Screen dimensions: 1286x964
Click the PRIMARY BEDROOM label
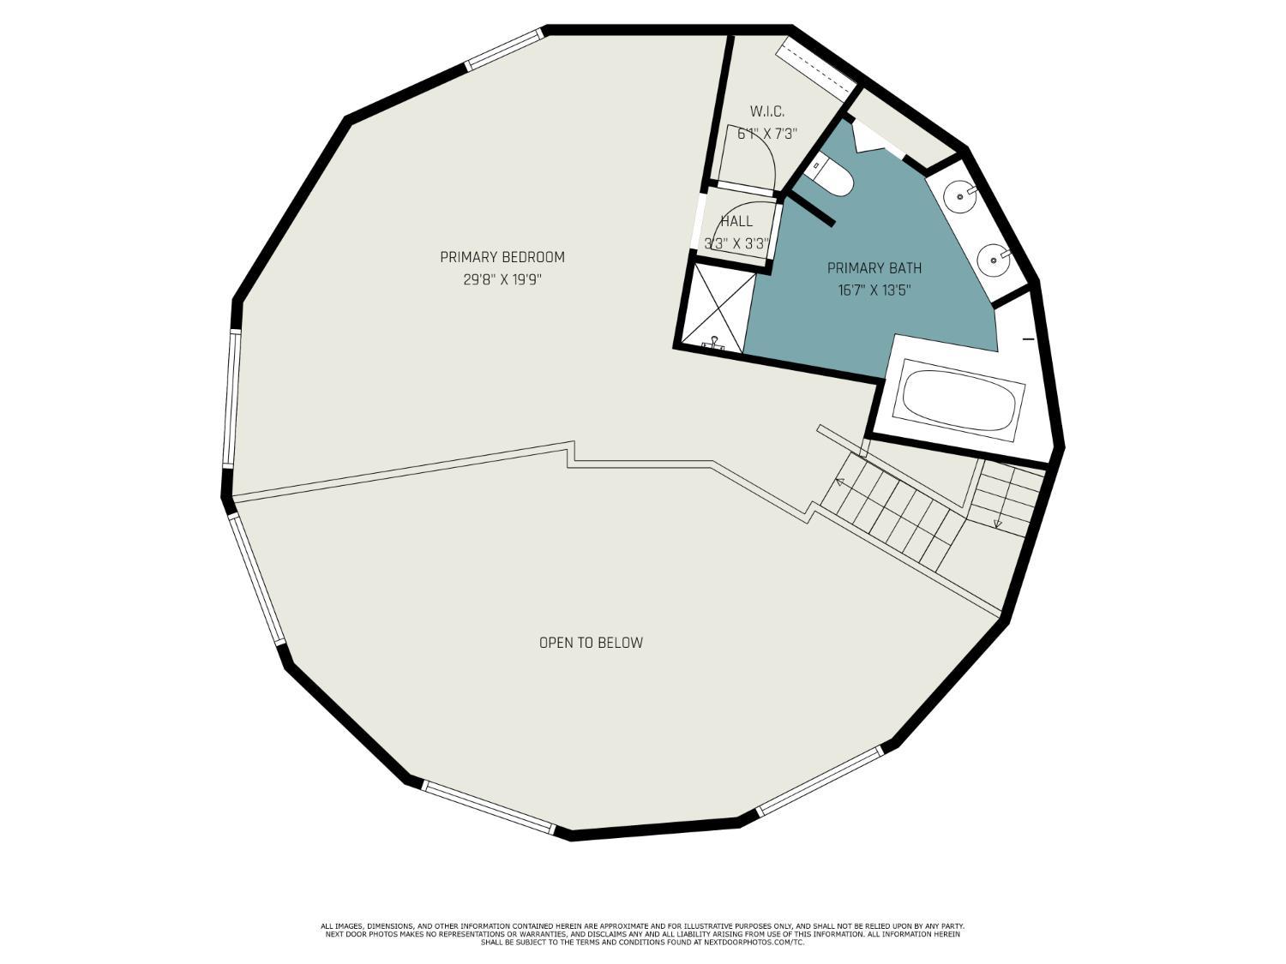[502, 257]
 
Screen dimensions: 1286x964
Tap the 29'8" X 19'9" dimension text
[502, 280]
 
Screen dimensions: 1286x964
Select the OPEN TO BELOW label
[591, 643]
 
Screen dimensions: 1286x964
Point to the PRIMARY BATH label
[874, 268]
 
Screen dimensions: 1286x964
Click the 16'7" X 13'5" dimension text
[874, 290]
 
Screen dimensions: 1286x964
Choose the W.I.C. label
[767, 111]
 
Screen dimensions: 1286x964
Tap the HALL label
[736, 222]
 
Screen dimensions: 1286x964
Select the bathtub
[958, 400]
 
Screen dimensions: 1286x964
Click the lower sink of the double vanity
[995, 259]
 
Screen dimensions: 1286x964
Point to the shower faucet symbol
[714, 343]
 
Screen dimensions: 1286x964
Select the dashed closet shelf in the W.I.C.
[815, 68]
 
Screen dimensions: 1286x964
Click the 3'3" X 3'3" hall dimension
[736, 243]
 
